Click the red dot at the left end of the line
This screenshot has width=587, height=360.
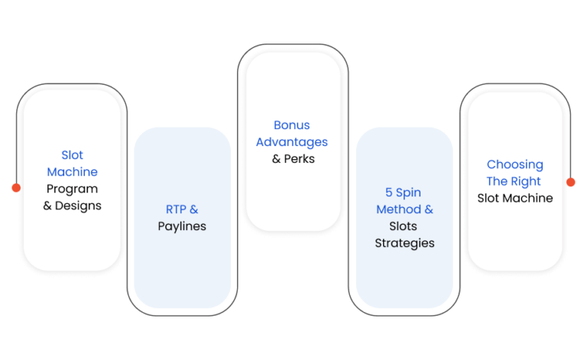click(x=16, y=187)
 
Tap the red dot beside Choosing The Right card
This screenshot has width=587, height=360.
click(x=570, y=182)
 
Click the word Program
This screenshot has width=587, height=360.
click(x=73, y=189)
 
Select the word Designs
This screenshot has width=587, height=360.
click(x=78, y=206)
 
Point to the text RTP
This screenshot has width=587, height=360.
click(x=176, y=209)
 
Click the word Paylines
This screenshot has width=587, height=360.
click(x=182, y=226)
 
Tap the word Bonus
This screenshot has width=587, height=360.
click(x=292, y=125)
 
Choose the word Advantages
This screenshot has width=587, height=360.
click(x=292, y=142)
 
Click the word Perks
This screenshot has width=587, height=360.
click(x=299, y=159)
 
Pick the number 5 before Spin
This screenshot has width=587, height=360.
click(x=388, y=193)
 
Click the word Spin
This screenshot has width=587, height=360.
click(x=408, y=193)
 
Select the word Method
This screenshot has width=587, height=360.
click(x=399, y=209)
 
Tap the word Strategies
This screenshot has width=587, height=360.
click(x=404, y=243)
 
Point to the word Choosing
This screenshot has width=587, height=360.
click(x=514, y=164)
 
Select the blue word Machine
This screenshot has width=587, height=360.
click(x=73, y=172)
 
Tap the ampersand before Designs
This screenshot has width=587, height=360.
click(x=47, y=206)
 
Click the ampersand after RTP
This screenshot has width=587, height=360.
click(x=194, y=209)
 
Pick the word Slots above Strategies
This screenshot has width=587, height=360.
click(x=404, y=226)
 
